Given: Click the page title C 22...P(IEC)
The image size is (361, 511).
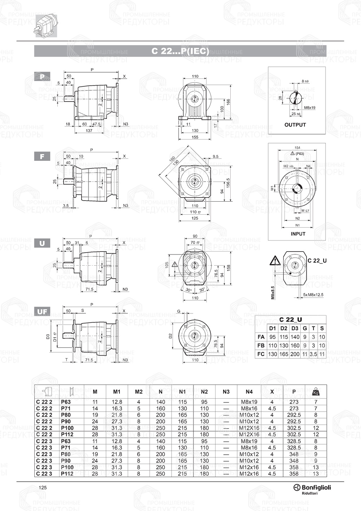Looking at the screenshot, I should [x=180, y=51].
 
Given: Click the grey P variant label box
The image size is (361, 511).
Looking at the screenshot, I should [x=42, y=77].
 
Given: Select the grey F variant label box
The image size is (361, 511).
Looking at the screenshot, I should [x=42, y=156].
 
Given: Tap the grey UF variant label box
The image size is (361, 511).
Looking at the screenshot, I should [x=42, y=311].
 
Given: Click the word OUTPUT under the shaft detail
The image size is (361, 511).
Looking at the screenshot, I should [x=295, y=125].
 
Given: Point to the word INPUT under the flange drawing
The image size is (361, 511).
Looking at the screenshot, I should [x=298, y=234].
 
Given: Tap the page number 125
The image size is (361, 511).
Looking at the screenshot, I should [x=43, y=488].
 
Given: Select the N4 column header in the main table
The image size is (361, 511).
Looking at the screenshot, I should [x=249, y=392].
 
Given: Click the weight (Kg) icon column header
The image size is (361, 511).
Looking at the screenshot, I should [x=316, y=392].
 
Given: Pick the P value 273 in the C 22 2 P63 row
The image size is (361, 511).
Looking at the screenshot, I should [x=294, y=402].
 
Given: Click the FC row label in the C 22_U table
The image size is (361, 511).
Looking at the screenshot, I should [x=261, y=355].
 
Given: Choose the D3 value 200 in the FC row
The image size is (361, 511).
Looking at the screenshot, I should [x=295, y=355].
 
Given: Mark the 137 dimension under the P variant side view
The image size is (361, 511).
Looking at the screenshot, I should [x=89, y=130].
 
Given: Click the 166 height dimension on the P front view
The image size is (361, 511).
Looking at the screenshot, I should [x=228, y=102].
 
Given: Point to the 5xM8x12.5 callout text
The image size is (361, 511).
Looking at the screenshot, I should [x=313, y=295].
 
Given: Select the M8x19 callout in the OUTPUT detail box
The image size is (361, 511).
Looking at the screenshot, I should [x=310, y=108].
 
